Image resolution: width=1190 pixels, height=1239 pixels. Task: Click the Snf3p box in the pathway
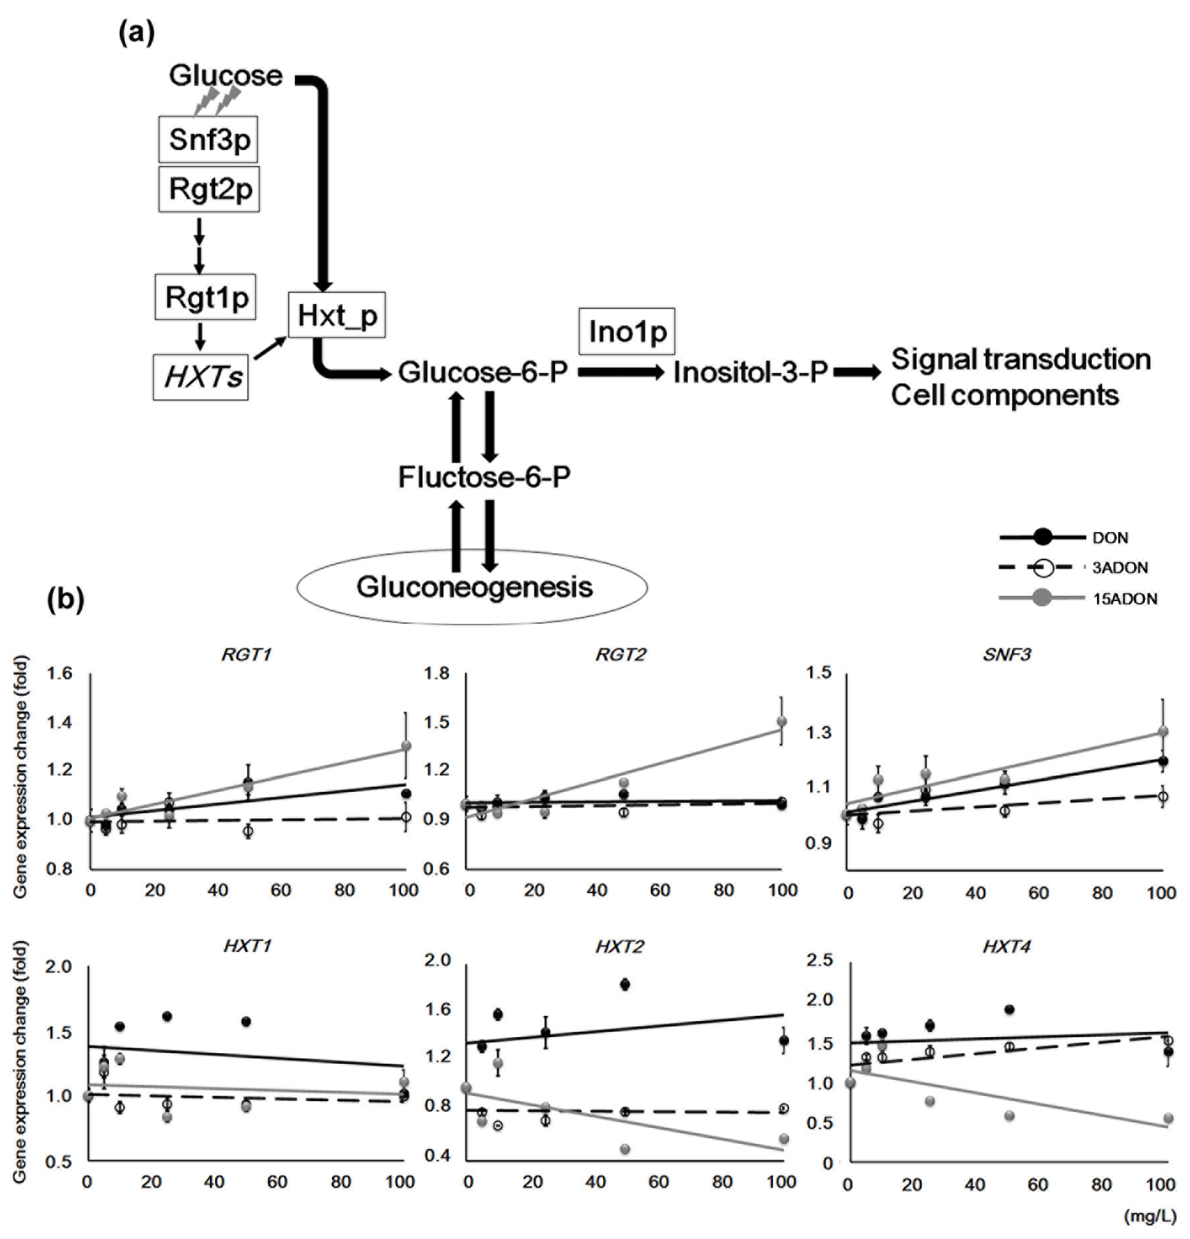(x=208, y=139)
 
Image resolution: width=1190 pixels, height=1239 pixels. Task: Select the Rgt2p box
(x=209, y=189)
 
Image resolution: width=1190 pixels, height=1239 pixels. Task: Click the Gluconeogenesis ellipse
(x=473, y=587)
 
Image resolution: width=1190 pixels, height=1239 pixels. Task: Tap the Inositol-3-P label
(x=750, y=372)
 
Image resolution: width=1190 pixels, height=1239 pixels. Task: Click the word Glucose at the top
(x=225, y=76)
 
